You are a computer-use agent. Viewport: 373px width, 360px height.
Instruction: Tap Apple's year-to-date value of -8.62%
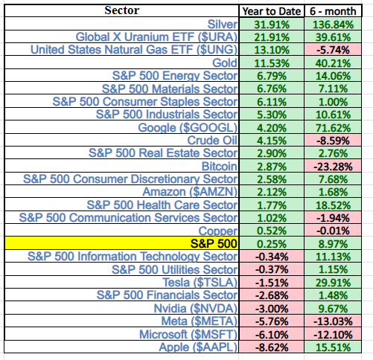(271, 346)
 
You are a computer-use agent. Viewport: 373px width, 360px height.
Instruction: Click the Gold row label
(223, 63)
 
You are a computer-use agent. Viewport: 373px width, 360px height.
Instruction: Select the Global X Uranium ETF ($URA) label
(156, 37)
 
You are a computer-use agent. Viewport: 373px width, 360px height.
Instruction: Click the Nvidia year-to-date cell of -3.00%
(271, 307)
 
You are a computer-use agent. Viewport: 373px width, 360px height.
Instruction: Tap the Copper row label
(217, 230)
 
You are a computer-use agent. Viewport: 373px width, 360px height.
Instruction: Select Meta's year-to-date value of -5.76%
(271, 320)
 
